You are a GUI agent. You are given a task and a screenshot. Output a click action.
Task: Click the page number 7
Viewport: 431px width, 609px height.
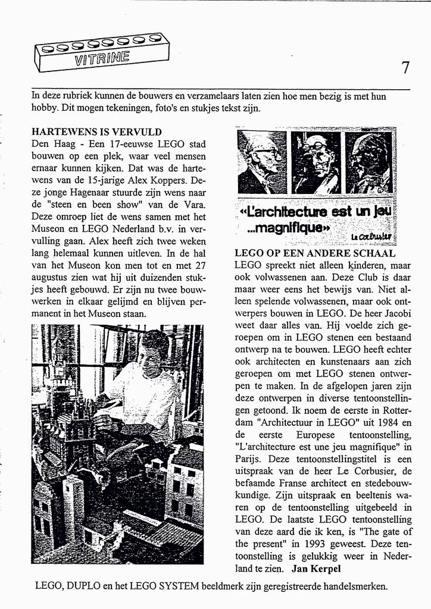(x=405, y=68)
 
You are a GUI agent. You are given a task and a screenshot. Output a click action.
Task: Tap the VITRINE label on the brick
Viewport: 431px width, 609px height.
(x=102, y=58)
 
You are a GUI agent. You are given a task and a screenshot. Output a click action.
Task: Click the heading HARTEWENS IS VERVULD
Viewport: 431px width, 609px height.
(x=96, y=132)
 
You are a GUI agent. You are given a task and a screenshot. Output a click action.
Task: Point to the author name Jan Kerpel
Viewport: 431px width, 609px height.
(x=317, y=569)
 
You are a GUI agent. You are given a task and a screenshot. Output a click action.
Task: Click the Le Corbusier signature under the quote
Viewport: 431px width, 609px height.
(x=371, y=237)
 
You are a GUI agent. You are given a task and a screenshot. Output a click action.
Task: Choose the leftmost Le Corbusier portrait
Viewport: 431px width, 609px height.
(x=262, y=162)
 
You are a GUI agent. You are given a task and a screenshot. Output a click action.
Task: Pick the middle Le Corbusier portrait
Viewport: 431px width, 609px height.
(x=316, y=162)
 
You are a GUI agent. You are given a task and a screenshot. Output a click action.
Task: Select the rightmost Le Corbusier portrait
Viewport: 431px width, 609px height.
(x=370, y=162)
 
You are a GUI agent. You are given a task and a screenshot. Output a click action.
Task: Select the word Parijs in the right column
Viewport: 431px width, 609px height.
(x=249, y=459)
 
